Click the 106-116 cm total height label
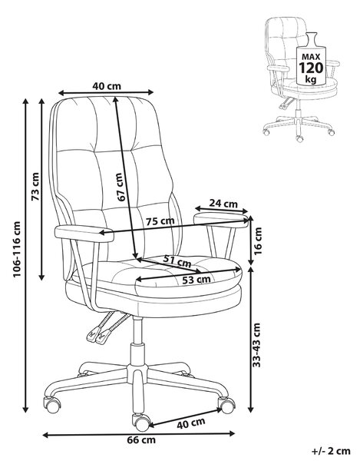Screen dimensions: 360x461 [17, 249]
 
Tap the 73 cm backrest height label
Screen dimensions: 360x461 [35, 187]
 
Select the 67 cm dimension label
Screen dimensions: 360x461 [121, 187]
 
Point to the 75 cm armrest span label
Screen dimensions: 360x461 [160, 221]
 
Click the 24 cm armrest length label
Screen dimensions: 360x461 [223, 203]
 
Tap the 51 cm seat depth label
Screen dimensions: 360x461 [177, 260]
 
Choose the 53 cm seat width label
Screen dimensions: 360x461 [197, 280]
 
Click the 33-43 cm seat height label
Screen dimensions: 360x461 [257, 345]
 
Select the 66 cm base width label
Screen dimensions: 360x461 [141, 440]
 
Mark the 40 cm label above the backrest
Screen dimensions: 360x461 [107, 86]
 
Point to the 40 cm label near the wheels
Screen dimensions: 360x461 [190, 423]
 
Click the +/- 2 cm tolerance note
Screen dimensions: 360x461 [331, 451]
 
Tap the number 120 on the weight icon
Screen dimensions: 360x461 [311, 68]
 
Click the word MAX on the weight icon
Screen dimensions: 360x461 [311, 57]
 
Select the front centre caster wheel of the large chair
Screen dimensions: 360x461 [141, 422]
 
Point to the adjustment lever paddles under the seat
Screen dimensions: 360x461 [99, 335]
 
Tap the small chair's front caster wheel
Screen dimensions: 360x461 [299, 138]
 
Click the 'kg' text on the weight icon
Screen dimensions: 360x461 [311, 79]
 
